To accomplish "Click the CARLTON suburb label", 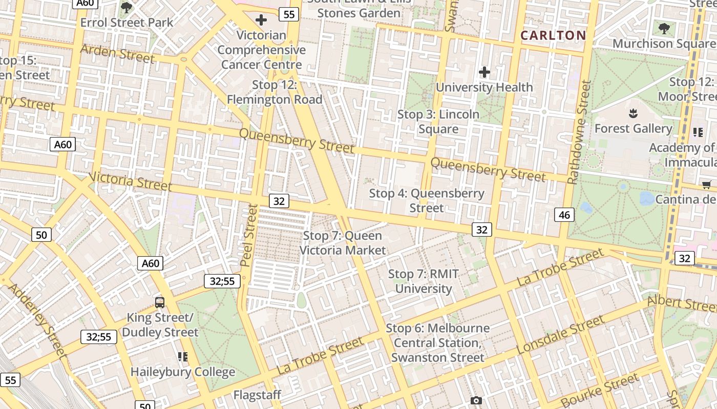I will [553, 35].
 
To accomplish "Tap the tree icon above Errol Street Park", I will [126, 8].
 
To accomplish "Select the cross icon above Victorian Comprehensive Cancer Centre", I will [261, 20].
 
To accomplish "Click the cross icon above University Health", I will [484, 72].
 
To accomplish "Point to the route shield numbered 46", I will [564, 215].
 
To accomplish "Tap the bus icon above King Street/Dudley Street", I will [160, 302].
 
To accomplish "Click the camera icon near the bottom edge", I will [476, 400].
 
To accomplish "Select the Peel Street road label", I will [249, 235].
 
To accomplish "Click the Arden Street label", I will [117, 54].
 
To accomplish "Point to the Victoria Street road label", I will [130, 181].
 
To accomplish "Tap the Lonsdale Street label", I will [560, 335].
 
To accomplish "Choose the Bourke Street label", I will [600, 390].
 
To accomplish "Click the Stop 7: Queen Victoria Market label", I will [342, 243].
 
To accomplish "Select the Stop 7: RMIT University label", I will [423, 281].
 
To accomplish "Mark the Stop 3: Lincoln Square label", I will [438, 122].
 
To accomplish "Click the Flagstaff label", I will [257, 395].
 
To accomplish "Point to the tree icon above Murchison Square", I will [664, 29].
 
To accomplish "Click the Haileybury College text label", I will [183, 372].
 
